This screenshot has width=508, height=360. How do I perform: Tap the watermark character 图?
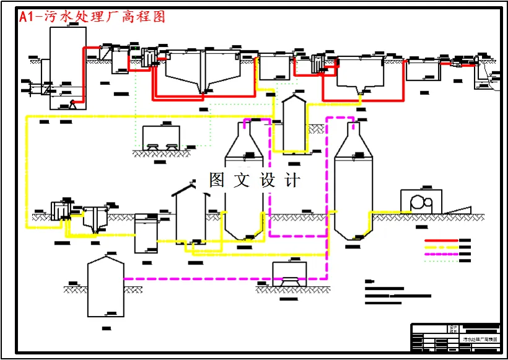[x=217, y=180]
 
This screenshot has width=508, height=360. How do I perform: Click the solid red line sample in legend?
[x=440, y=240]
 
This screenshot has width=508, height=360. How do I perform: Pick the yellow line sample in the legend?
[x=440, y=247]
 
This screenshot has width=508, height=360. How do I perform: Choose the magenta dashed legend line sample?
[x=440, y=254]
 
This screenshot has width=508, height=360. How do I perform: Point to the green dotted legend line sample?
[x=440, y=261]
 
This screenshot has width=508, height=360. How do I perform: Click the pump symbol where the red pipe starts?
[x=72, y=104]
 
